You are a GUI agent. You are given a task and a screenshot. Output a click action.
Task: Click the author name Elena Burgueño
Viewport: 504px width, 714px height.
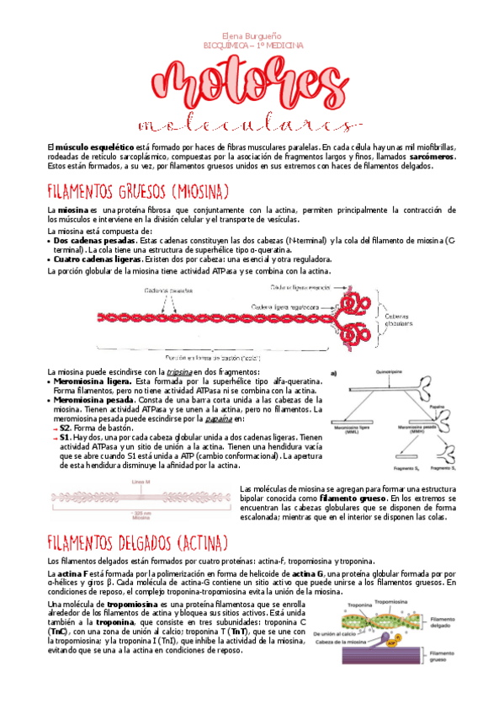point(252,35)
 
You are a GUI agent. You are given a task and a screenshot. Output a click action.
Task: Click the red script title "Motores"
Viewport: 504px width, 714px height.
point(251,84)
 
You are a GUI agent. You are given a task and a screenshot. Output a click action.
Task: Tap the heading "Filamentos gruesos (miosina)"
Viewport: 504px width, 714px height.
point(139,190)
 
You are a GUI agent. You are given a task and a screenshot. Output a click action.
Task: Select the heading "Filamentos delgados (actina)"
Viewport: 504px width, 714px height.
point(138,541)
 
